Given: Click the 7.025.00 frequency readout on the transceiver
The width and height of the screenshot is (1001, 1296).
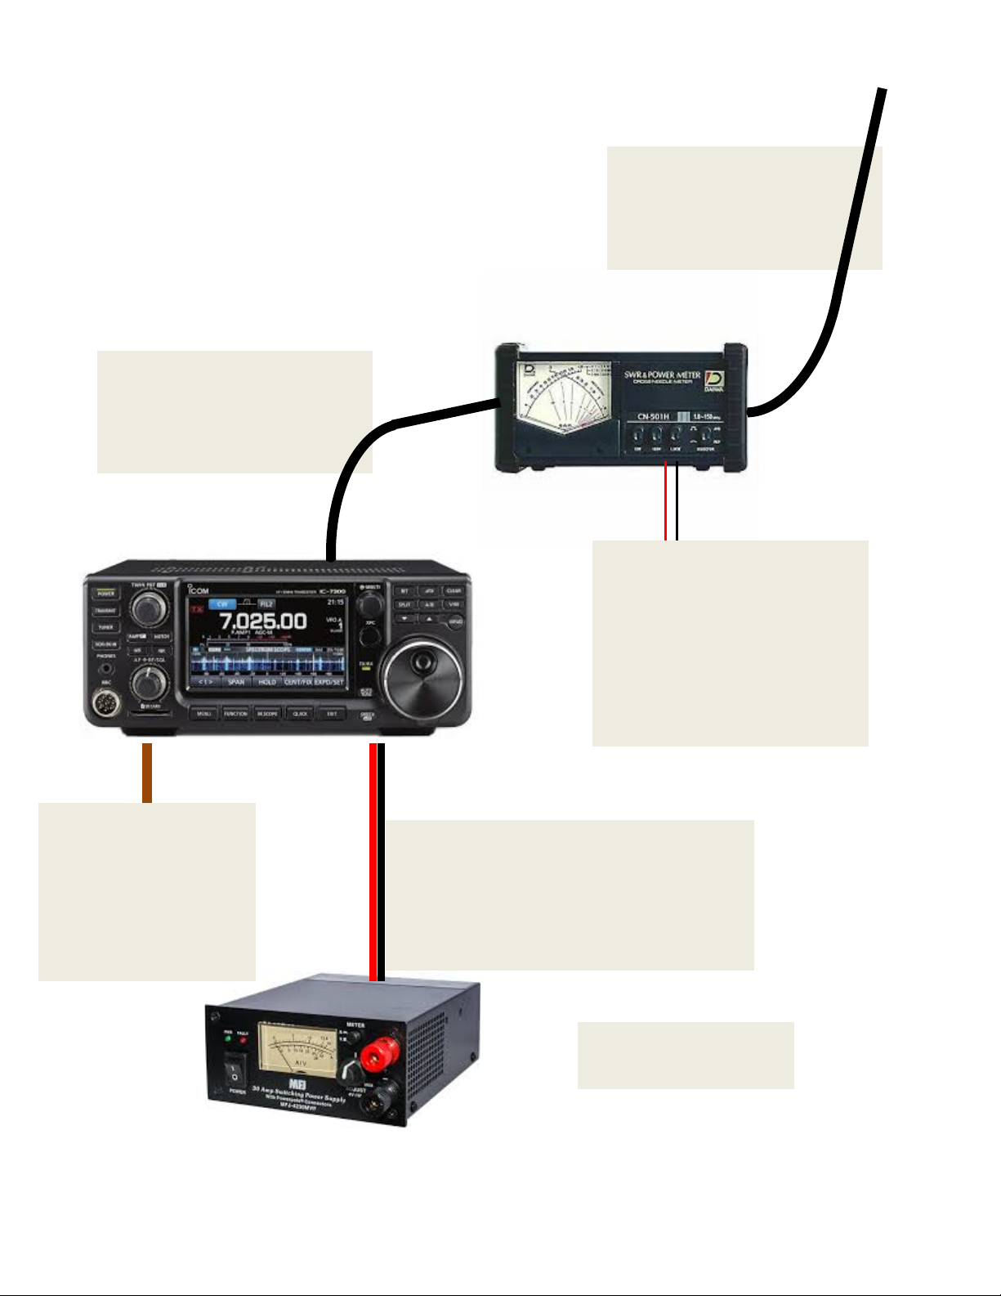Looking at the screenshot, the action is click(262, 621).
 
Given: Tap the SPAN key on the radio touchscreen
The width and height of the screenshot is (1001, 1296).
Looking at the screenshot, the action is click(236, 681).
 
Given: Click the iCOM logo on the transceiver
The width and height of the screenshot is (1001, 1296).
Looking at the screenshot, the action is click(198, 590).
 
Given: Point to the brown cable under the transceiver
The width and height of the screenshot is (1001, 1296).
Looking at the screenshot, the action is click(147, 773).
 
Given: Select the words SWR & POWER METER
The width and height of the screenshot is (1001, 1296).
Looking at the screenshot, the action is click(662, 375).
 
